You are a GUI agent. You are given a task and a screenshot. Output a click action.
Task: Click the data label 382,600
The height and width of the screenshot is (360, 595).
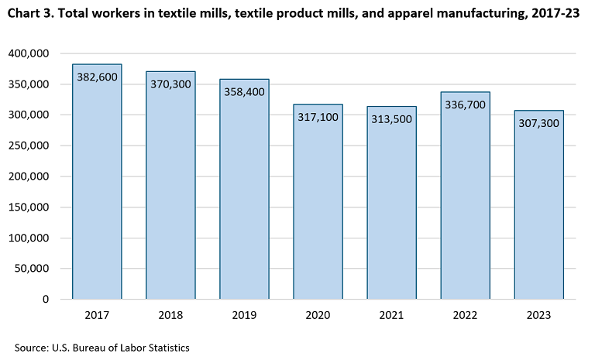97,77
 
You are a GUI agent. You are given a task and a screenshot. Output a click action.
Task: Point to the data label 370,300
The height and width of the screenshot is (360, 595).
170,84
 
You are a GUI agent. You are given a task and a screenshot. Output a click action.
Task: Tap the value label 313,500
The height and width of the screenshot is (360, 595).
391,120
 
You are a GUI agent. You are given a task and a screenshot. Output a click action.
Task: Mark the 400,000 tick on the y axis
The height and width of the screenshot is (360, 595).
28,53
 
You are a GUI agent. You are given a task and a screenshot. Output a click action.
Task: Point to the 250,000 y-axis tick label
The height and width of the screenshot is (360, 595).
28,146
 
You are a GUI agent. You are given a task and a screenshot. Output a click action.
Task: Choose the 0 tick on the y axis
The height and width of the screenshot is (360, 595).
46,300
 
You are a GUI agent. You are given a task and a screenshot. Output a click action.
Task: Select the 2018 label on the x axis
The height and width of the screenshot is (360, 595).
170,316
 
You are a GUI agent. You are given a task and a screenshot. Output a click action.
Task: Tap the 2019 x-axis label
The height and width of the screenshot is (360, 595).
244,316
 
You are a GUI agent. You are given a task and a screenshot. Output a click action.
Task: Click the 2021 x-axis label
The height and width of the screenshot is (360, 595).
391,316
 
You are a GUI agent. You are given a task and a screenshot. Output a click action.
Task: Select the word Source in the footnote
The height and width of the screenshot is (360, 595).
31,348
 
